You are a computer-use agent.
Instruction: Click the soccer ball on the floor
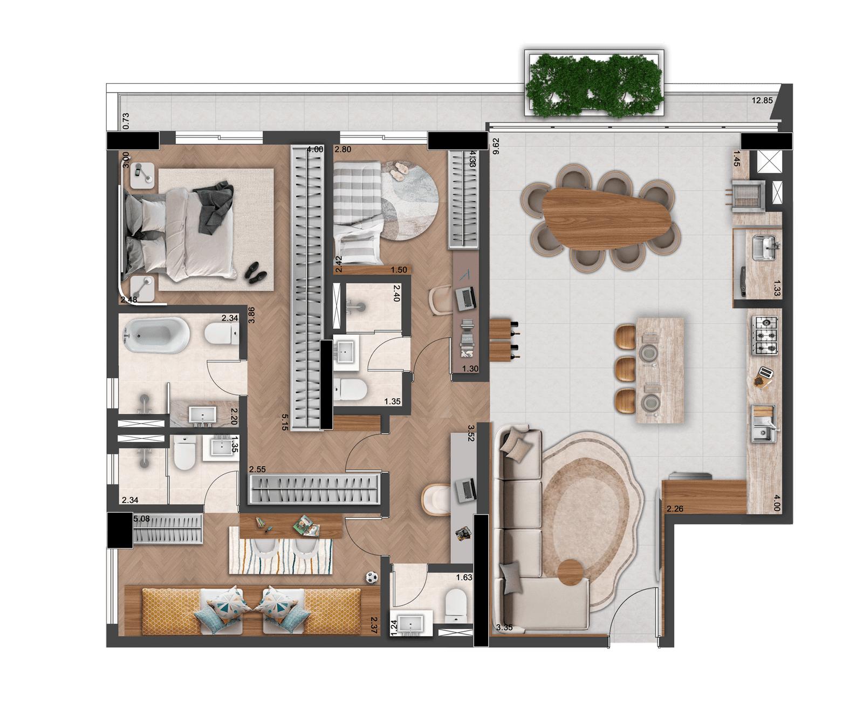click(372, 577)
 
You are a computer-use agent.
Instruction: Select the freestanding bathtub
click(156, 335)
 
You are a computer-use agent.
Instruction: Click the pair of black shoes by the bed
click(255, 271)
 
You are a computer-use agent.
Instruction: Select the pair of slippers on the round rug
click(398, 170)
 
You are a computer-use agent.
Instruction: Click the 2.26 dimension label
click(675, 508)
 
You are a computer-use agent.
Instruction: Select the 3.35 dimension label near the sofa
click(504, 627)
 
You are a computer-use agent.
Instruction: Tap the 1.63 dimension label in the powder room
click(464, 578)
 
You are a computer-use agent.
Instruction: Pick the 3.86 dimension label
click(251, 315)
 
